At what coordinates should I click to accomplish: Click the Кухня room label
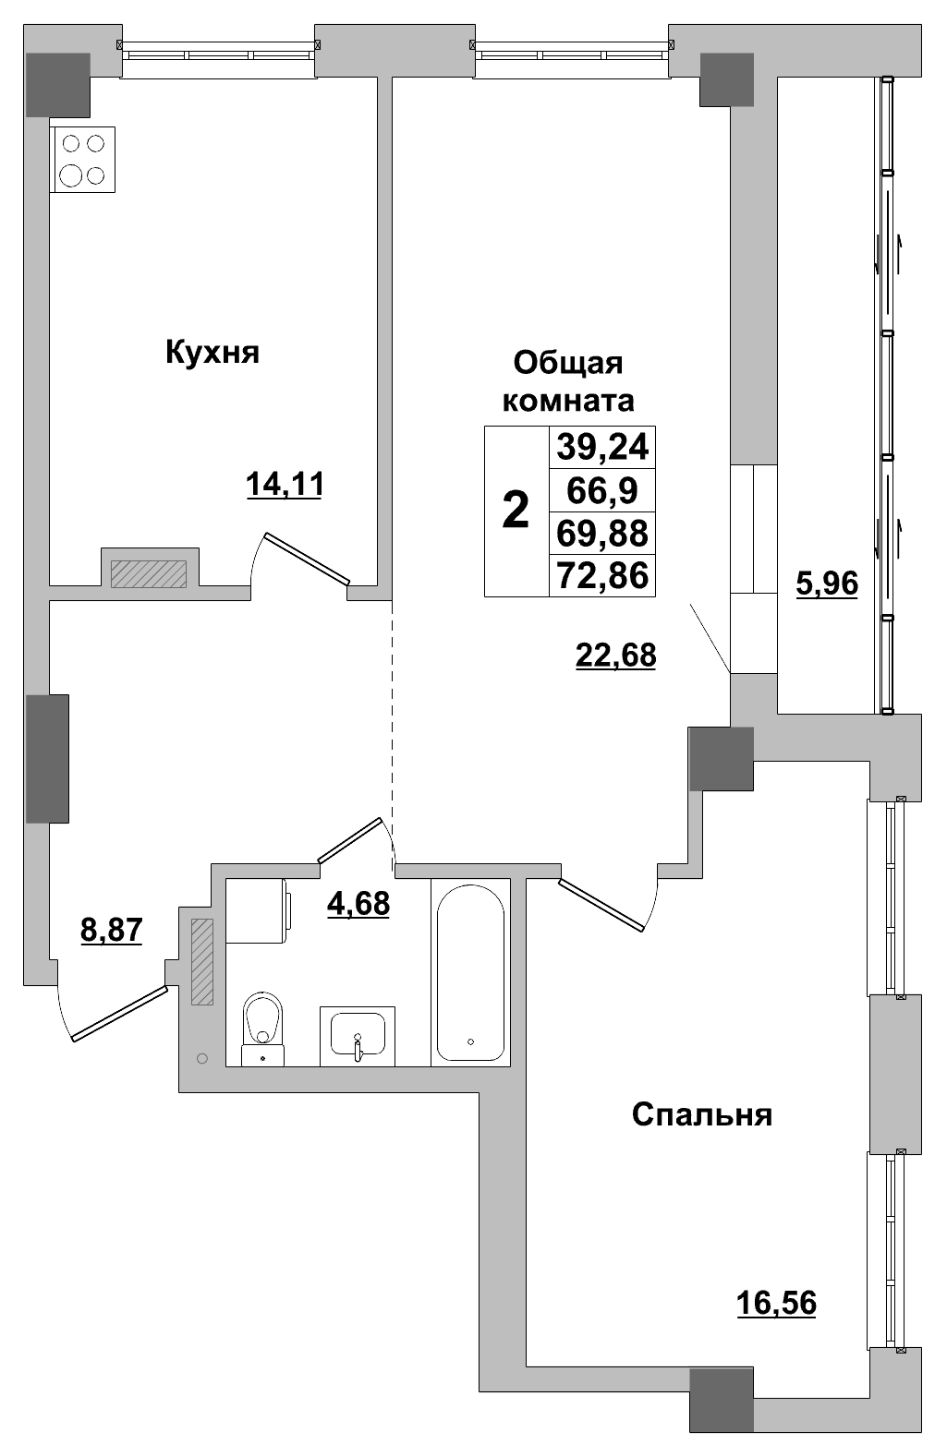coord(212,352)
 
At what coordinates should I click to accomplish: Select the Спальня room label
coord(701,1114)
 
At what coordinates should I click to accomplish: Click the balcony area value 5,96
coord(827,583)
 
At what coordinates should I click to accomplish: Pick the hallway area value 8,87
coord(112,929)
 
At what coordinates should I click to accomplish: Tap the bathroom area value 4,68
coord(358,903)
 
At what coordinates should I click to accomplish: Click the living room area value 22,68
coord(615,655)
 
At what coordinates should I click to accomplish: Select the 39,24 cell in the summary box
coord(602,448)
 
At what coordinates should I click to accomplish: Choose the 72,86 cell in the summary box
coord(602,576)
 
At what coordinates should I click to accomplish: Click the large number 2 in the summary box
coord(516,511)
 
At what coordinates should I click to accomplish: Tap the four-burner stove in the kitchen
coord(83,159)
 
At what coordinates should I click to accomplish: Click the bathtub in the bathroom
coord(470,972)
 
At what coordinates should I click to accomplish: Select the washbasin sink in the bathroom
coord(358,1036)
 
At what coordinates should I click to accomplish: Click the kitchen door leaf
coord(307,559)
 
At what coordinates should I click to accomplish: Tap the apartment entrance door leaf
coord(120,1014)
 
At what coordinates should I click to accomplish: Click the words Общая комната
coord(567,381)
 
